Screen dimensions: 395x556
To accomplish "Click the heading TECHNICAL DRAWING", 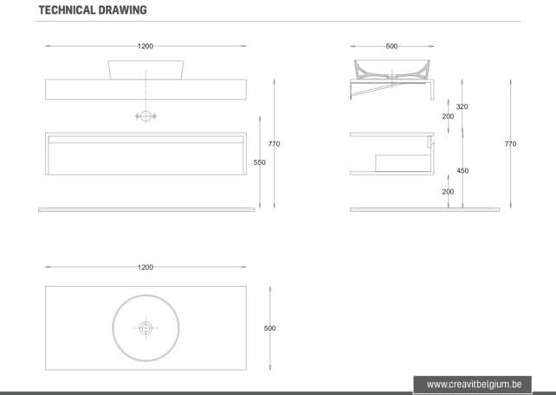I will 93,10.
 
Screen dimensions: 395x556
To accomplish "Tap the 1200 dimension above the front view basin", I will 145,46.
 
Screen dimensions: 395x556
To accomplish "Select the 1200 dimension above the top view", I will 145,267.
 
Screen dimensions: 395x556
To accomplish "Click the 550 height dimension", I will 260,162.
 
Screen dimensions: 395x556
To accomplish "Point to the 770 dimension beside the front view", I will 275,143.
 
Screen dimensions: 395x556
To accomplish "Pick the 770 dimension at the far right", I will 510,143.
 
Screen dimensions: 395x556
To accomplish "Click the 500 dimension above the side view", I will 391,46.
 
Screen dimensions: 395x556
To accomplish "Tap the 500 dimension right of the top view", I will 269,328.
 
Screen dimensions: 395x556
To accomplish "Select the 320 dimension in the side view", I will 462,106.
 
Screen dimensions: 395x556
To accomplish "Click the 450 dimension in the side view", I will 462,170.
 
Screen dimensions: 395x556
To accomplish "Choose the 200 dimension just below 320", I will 448,116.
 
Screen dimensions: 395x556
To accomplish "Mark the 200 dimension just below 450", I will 448,191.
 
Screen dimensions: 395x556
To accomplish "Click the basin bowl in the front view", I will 145,69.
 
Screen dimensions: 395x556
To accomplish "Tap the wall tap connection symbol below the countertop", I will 145,116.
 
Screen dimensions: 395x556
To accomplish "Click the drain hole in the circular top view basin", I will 145,328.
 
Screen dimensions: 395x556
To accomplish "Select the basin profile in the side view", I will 391,67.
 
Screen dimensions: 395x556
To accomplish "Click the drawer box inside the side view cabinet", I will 401,162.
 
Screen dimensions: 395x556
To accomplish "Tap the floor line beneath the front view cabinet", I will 145,209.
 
